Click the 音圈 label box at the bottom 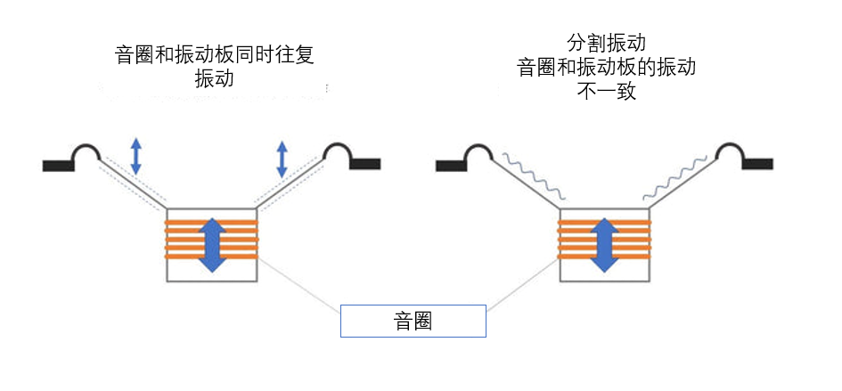(x=413, y=321)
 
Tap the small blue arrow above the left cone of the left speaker (x=135, y=156)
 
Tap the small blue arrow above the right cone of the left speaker (x=282, y=159)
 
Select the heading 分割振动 (x=606, y=42)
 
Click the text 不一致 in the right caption (x=606, y=90)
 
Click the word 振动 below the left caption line (x=214, y=78)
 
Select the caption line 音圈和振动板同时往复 (x=215, y=54)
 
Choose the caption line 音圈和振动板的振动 (x=606, y=67)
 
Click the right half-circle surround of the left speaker (x=339, y=155)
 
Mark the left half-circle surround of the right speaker (x=478, y=155)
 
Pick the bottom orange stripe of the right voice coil (x=605, y=257)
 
